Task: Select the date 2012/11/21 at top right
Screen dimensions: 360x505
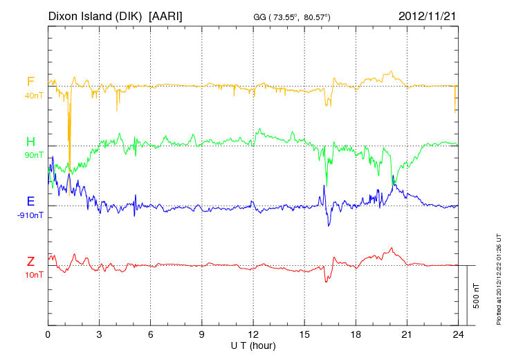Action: tap(428, 15)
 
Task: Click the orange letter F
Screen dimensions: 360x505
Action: tap(30, 82)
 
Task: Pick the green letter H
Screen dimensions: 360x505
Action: tap(30, 142)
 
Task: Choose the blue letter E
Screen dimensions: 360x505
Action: tap(30, 201)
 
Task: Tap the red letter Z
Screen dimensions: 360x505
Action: tap(30, 261)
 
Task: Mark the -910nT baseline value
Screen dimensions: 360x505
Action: tap(30, 215)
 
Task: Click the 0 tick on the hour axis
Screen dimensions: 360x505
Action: tap(48, 334)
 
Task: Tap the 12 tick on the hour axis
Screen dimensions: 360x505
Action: tap(253, 334)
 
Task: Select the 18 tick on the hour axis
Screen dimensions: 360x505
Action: tap(356, 334)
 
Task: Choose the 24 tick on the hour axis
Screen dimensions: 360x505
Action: tap(459, 334)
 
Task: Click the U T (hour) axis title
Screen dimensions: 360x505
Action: tap(253, 345)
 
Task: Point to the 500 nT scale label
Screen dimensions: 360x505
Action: tap(477, 296)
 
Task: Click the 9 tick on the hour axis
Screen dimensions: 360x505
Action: tap(202, 334)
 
